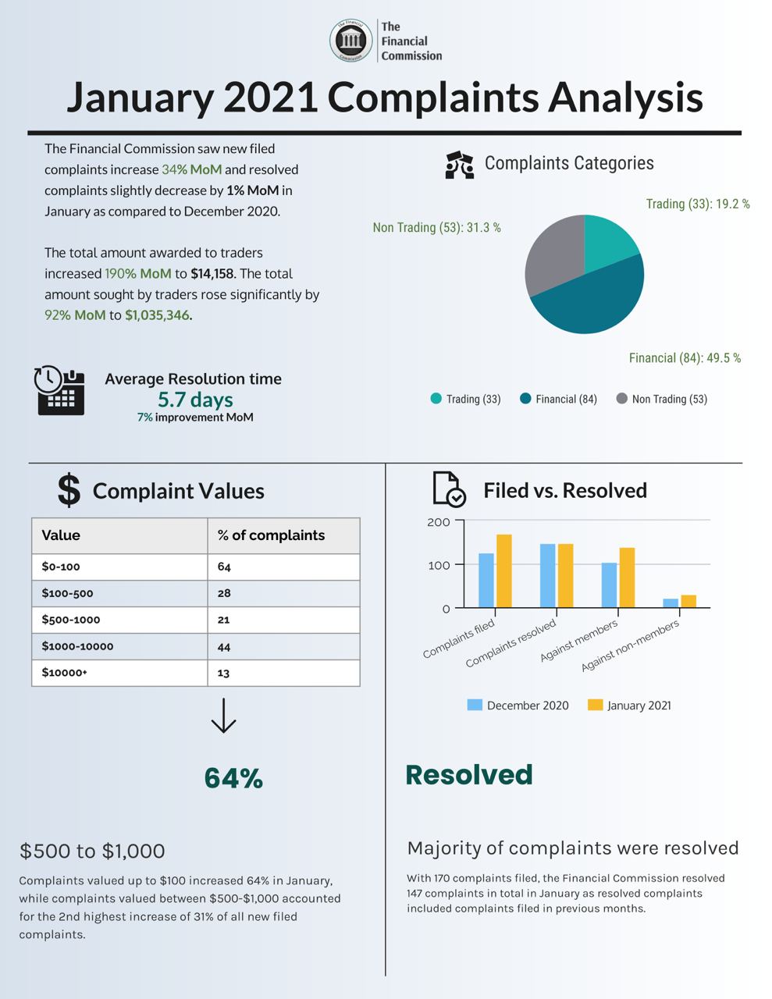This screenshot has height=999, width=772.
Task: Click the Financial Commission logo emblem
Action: click(350, 41)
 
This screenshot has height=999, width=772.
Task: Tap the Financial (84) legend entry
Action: click(557, 399)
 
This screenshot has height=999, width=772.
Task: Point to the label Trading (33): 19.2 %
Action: click(697, 204)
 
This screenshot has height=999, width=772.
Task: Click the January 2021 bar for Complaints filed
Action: click(504, 571)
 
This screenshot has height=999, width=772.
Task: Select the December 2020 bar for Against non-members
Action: click(671, 603)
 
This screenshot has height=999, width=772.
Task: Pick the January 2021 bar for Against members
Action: click(627, 578)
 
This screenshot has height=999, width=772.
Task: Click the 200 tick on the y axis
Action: click(439, 521)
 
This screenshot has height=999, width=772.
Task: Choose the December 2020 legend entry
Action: click(518, 706)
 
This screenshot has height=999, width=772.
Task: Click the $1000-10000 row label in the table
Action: click(77, 646)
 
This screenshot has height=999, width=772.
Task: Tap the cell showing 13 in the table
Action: click(224, 673)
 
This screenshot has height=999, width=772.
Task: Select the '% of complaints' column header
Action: click(271, 535)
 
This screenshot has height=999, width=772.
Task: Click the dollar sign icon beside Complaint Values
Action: click(69, 490)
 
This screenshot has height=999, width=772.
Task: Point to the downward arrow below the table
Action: click(223, 716)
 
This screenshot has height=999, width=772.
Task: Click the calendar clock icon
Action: click(59, 389)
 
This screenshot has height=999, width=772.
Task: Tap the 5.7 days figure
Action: click(195, 400)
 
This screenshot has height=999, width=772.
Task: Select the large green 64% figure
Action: click(233, 778)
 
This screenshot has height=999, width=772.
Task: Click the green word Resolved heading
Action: click(468, 774)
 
